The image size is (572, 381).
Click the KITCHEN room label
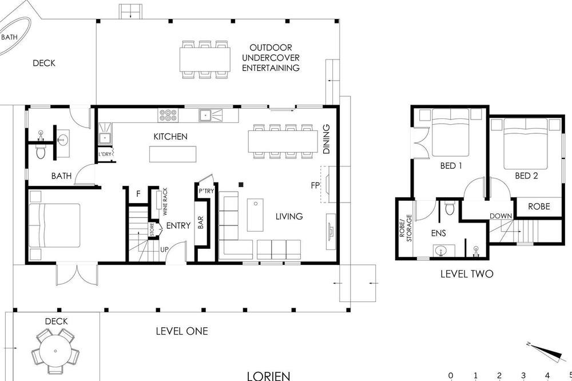pos(170,137)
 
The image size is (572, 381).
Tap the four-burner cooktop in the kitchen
pos(168,116)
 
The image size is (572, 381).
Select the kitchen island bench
pos(173,154)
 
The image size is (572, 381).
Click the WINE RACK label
pos(165,201)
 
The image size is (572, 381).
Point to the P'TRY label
pos(206,191)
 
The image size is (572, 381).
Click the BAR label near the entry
pos(201,223)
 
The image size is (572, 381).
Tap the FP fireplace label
pos(315,185)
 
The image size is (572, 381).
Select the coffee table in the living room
pos(255,215)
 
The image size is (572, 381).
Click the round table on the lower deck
pos(55,351)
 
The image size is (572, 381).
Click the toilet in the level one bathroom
pos(41,152)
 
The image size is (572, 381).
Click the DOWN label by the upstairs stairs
pos(500,216)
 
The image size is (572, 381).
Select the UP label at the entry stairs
pos(165,249)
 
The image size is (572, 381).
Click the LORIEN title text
pos(268,376)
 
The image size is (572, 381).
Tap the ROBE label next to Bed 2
pos(539,207)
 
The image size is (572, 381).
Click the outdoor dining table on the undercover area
pos(205,59)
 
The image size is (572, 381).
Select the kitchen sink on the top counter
pos(205,116)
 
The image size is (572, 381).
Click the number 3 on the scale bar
pos(523,375)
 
